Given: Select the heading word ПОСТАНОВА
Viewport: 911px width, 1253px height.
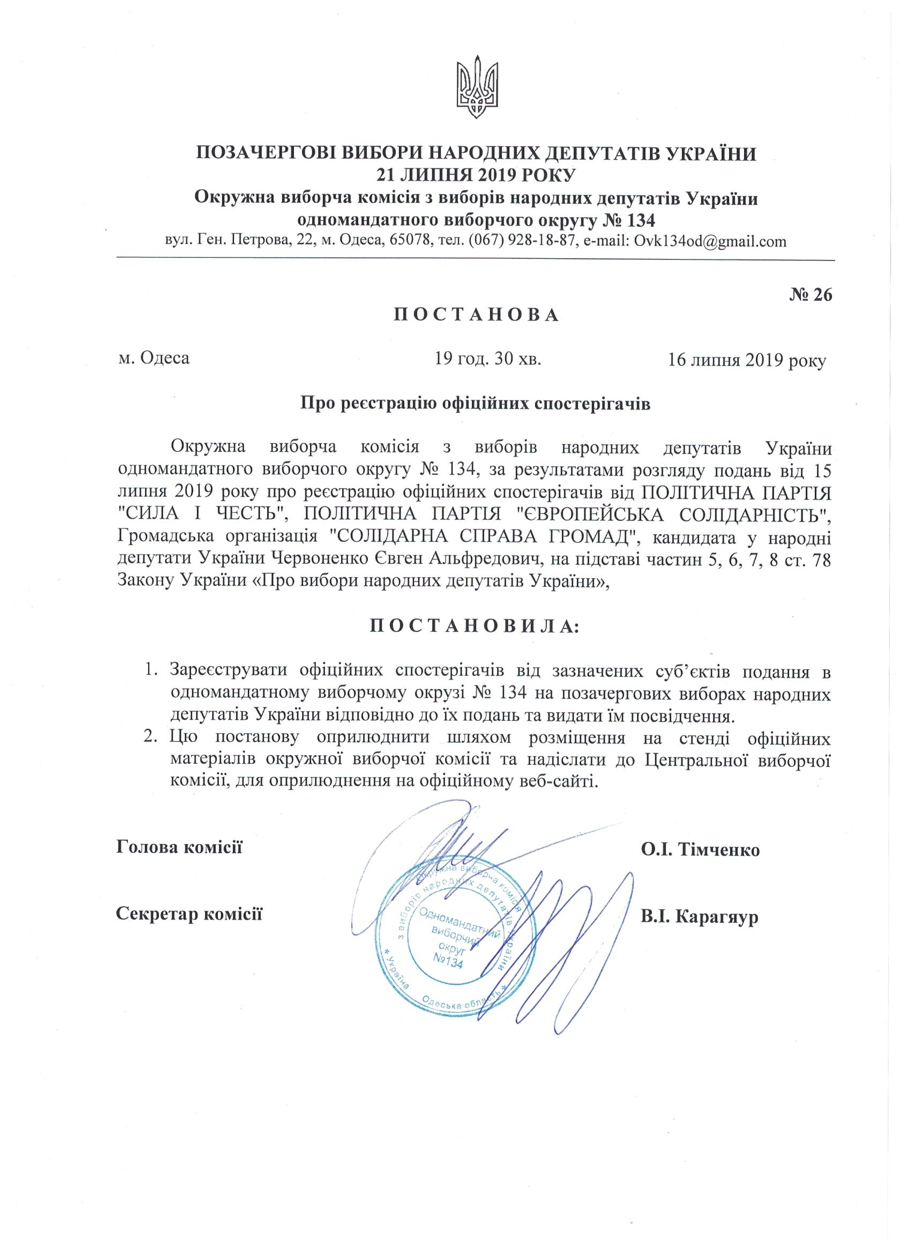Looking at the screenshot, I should coord(476,315).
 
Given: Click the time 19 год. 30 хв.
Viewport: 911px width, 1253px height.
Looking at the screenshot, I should coord(487,359).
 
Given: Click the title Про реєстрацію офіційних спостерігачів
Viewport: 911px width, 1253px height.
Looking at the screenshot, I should coord(476,404).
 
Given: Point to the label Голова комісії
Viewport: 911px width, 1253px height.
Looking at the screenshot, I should coord(180,846).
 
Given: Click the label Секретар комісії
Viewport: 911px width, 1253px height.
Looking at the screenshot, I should coord(190,914).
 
